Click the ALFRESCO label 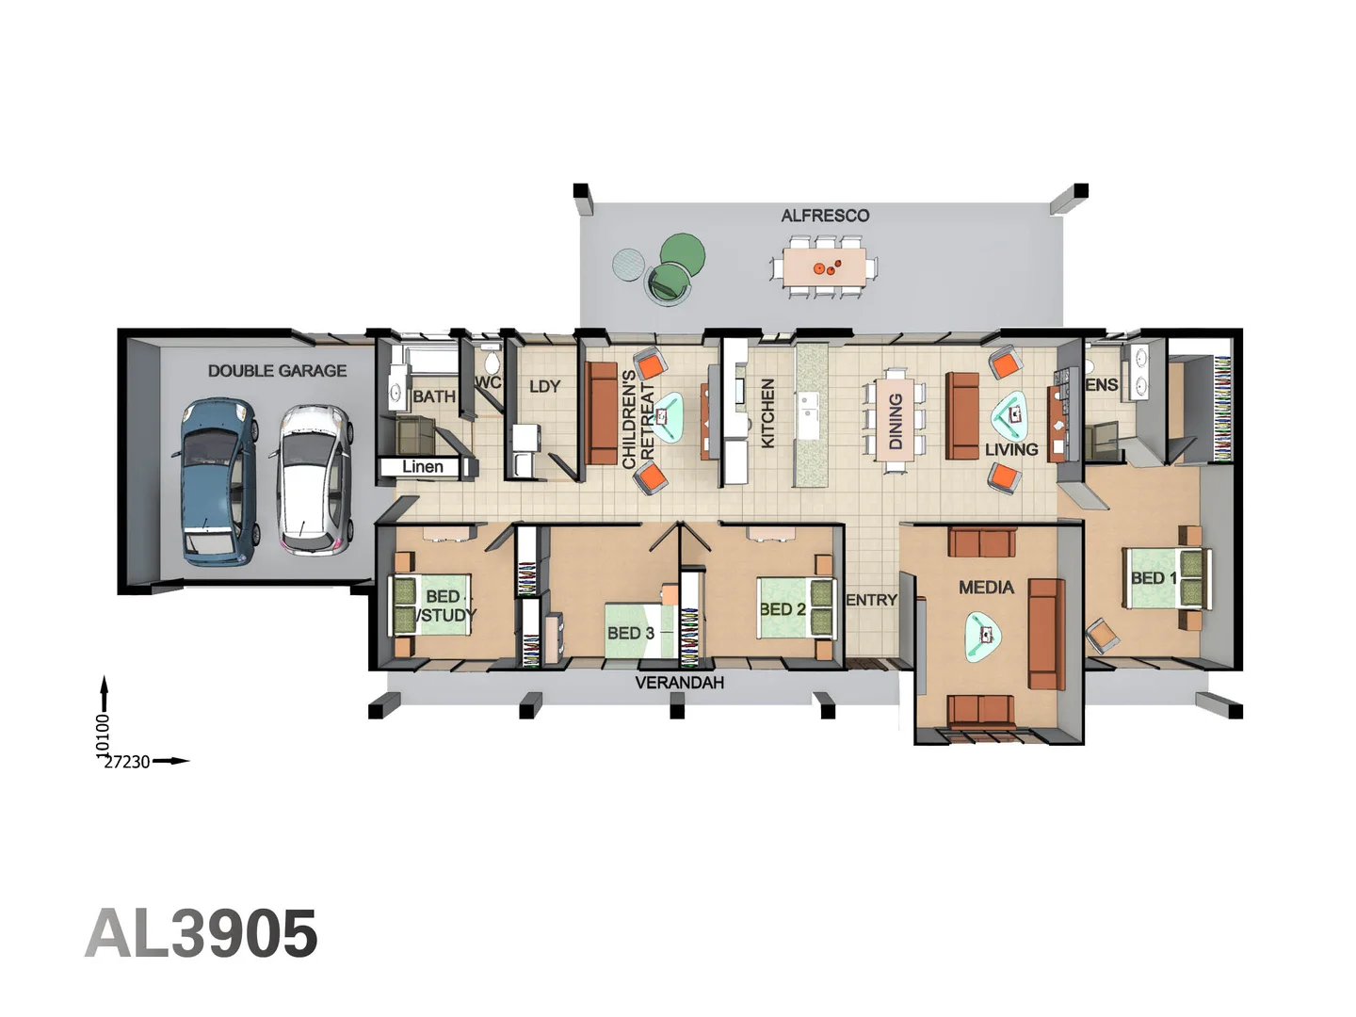[825, 216]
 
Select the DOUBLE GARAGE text [277, 370]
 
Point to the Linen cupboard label [423, 467]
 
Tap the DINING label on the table [896, 421]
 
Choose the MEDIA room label [986, 588]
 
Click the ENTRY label [871, 600]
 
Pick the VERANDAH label [680, 683]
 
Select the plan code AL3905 [201, 933]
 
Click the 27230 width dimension [126, 762]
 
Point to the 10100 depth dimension [104, 734]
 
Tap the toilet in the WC [492, 358]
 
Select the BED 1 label [1154, 578]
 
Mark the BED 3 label [630, 633]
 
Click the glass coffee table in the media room [983, 637]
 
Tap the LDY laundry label [544, 386]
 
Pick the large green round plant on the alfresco [682, 253]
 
